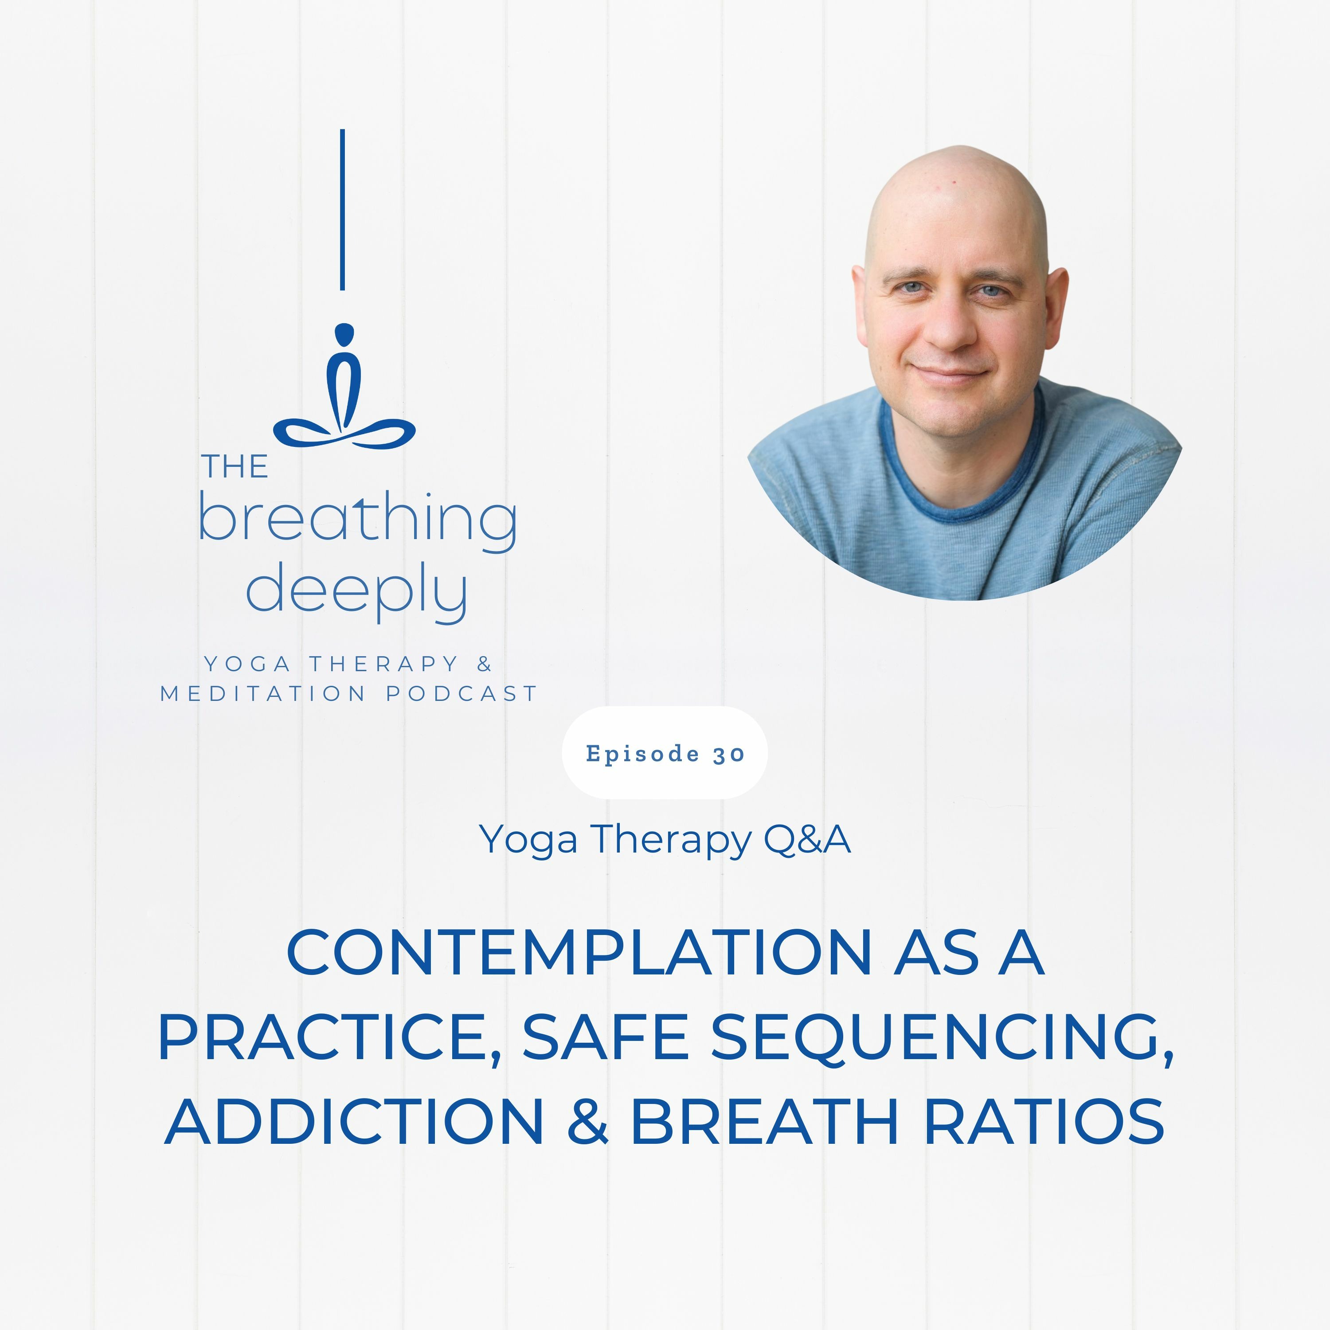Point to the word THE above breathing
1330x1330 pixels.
pyautogui.click(x=235, y=467)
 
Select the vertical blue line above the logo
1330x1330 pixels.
pyautogui.click(x=342, y=209)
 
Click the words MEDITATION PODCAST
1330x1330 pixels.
pyautogui.click(x=348, y=693)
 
